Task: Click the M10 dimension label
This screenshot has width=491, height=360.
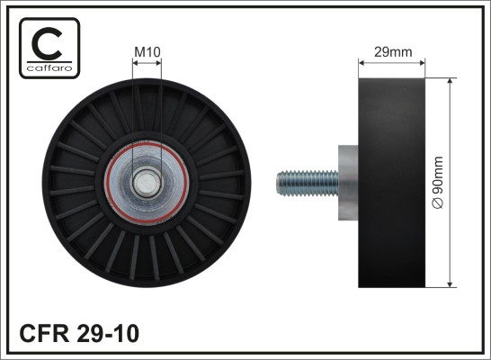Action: (x=147, y=52)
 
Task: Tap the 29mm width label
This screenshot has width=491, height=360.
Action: (x=393, y=52)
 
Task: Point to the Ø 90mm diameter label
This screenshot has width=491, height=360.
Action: (x=438, y=183)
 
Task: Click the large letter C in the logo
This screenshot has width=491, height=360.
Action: (x=48, y=43)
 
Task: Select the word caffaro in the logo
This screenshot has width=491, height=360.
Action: (x=49, y=68)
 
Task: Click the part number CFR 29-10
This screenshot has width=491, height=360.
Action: (x=79, y=333)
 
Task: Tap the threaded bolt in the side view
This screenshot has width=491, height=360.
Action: (x=308, y=183)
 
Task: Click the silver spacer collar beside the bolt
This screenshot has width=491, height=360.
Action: (x=348, y=183)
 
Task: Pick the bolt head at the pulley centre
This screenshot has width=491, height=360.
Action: (x=147, y=183)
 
